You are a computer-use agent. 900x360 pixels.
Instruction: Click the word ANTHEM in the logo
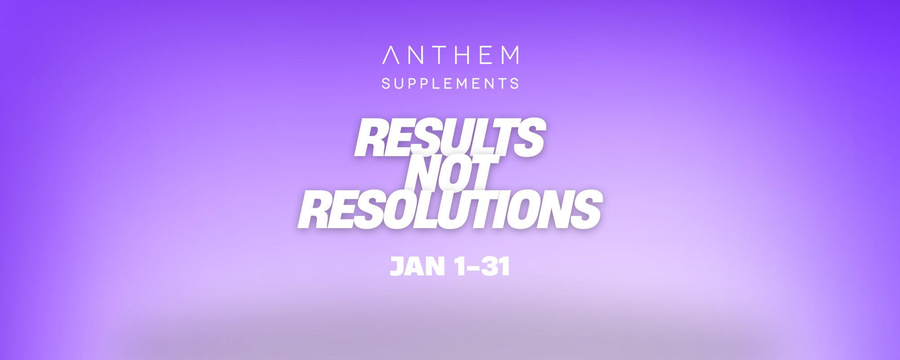click(450, 55)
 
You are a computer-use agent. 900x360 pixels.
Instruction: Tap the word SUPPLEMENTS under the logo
click(450, 84)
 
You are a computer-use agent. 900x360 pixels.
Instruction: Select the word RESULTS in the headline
click(450, 137)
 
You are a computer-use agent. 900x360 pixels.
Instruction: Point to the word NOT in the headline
click(452, 173)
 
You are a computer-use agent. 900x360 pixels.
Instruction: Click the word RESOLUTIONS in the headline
click(450, 209)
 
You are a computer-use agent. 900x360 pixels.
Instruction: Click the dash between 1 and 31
click(473, 268)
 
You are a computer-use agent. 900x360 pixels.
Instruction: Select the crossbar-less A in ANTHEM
click(391, 55)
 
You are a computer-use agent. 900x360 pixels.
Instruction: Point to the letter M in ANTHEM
click(510, 55)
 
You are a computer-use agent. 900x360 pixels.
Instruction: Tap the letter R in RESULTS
click(372, 137)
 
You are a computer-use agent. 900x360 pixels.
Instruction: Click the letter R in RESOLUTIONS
click(315, 209)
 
